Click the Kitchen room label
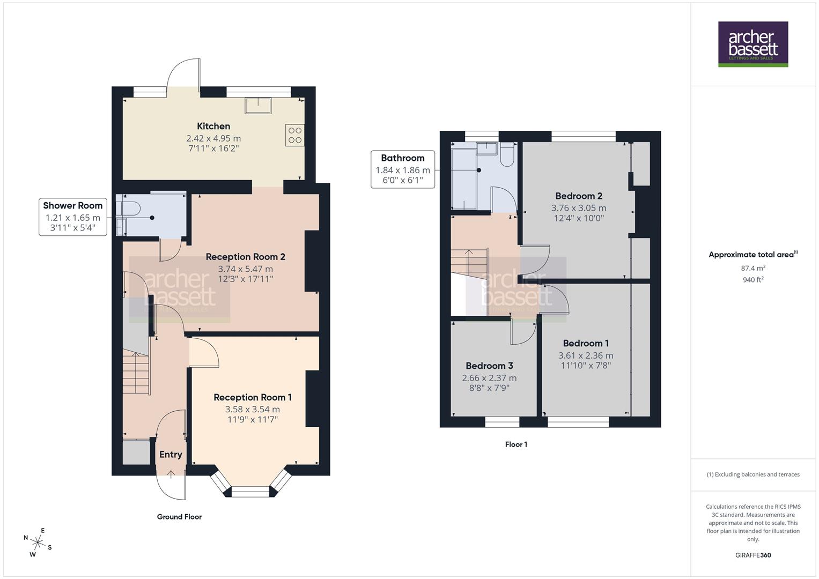click(213, 127)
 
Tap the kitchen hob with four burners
click(295, 135)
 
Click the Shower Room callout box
click(72, 217)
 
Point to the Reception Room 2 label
click(245, 257)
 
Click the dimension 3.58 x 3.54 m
click(252, 409)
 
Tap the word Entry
click(171, 455)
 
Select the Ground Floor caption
click(179, 517)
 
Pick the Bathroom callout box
click(402, 169)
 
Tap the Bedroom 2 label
click(579, 196)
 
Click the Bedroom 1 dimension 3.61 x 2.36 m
click(586, 355)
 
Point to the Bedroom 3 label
click(489, 366)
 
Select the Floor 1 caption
click(516, 444)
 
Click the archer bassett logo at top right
click(753, 44)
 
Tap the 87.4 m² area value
click(753, 268)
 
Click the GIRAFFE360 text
click(753, 555)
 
